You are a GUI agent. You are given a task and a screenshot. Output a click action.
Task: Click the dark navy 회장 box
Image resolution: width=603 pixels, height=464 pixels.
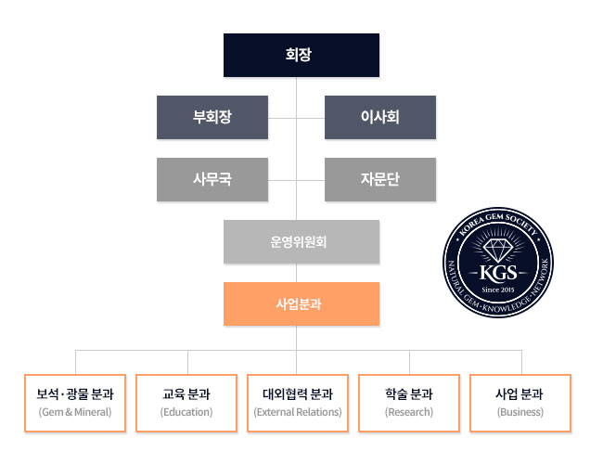coord(301,55)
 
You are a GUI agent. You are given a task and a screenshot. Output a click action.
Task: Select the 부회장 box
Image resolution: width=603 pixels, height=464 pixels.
coord(212,117)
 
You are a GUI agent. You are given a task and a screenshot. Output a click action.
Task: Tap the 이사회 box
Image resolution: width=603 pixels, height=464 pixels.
coord(379,117)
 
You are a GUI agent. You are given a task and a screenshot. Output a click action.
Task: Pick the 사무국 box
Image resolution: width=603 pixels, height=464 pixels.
coord(212,179)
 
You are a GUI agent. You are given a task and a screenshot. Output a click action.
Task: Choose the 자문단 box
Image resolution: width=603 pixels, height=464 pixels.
coord(379,179)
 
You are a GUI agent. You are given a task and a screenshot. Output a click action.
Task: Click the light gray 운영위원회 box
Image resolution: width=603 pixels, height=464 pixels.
coord(301,241)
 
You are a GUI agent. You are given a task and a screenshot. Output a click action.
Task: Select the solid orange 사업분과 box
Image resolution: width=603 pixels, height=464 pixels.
coord(301,303)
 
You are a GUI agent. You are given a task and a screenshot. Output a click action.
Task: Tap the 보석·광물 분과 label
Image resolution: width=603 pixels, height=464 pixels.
coord(75,394)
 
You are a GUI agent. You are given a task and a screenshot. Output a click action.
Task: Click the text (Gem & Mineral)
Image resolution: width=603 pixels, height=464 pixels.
coord(75,412)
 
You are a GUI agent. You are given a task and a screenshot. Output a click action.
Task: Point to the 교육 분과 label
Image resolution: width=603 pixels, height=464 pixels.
coord(186,394)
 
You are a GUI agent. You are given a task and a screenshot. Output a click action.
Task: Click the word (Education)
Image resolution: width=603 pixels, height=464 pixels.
coord(186,412)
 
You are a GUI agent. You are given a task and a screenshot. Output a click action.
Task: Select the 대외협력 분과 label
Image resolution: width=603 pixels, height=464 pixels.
coord(298,394)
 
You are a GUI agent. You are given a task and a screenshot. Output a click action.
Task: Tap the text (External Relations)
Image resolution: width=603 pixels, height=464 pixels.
coord(298,412)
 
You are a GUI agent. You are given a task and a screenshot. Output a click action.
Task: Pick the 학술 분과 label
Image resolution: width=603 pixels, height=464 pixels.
coord(409,394)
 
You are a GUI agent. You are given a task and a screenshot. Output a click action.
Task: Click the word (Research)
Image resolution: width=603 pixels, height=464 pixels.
coord(409,412)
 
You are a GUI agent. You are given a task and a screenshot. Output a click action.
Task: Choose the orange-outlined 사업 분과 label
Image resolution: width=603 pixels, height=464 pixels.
coord(520,394)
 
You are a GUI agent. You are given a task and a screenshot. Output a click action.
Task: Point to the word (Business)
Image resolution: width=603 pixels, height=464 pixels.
coord(520,412)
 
